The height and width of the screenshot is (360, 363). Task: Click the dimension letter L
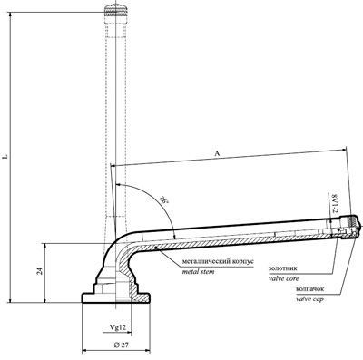(5, 157)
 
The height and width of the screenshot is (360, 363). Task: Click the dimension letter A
(217, 153)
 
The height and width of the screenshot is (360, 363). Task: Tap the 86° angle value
(163, 200)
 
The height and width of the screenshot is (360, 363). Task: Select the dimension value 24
(39, 271)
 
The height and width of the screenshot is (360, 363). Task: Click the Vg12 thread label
(117, 327)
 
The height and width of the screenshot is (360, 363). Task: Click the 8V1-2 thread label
(334, 203)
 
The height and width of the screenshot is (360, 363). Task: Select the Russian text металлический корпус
(218, 261)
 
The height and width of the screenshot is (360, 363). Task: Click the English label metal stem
(198, 272)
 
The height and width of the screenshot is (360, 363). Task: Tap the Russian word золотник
(283, 268)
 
